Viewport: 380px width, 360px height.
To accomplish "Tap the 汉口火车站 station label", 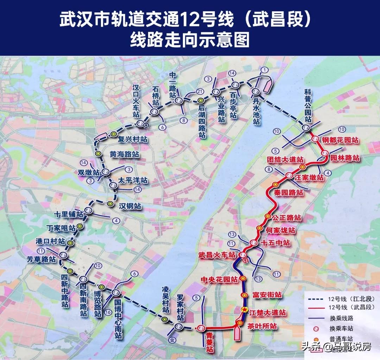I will pos(136,101).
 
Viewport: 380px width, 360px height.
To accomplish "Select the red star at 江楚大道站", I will pos(244,309).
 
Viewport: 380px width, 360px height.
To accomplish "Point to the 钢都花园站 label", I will pos(340,140).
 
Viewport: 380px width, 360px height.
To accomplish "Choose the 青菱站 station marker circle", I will pos(201,328).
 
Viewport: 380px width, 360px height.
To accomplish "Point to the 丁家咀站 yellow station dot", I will pos(80,227).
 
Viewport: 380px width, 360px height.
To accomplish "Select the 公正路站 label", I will pos(286,218).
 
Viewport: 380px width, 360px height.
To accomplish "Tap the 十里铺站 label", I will pos(69,214).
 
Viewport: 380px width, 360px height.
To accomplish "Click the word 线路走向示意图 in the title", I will pos(190,39).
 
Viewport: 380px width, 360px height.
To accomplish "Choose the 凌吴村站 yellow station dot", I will pos(164,319).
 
